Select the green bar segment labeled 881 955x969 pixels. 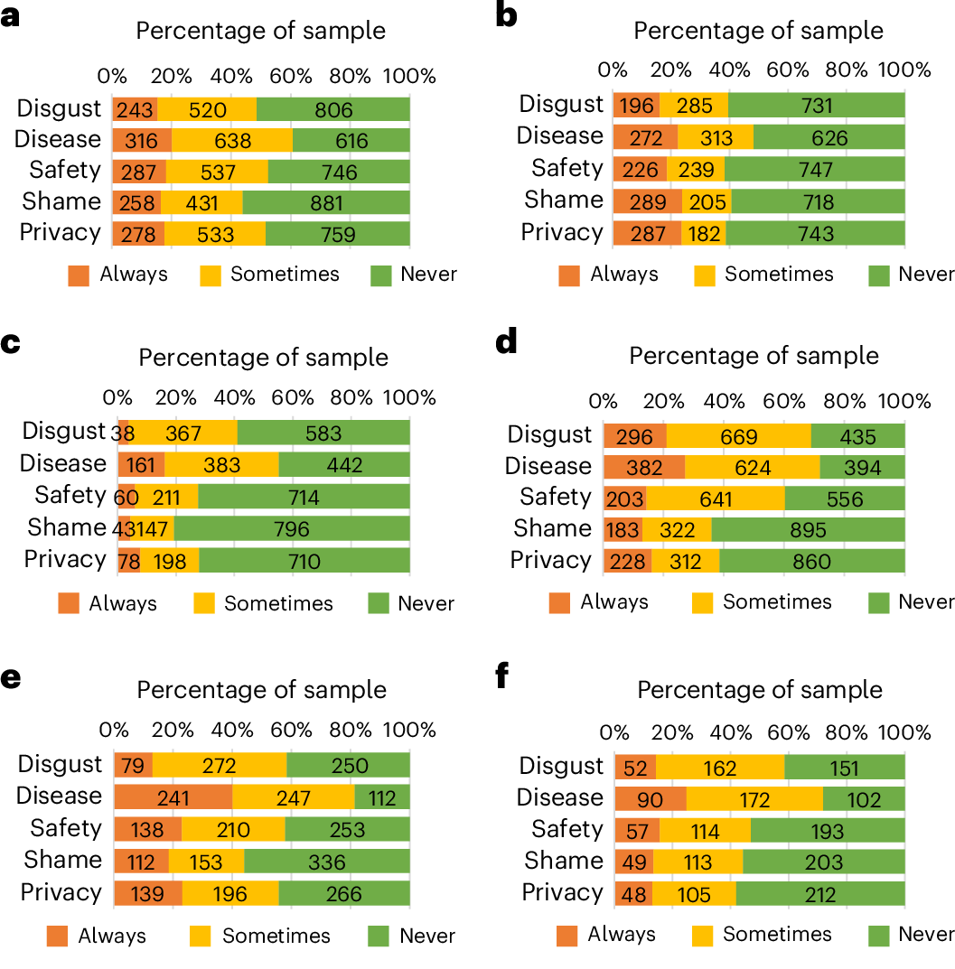tap(326, 201)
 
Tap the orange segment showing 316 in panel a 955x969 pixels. tap(142, 140)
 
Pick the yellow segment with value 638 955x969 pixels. tap(231, 140)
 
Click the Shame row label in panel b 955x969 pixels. tap(563, 200)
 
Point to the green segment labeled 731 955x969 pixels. tap(817, 105)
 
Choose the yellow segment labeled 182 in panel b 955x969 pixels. tap(704, 232)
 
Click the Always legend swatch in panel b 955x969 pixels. tap(569, 275)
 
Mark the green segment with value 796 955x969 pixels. tap(292, 528)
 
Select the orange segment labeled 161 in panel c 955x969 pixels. tap(141, 465)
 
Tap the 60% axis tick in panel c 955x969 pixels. tap(293, 398)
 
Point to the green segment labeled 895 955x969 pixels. tap(808, 529)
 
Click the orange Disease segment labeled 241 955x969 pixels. tap(173, 797)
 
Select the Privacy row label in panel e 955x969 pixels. tap(60, 892)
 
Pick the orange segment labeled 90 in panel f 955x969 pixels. tap(651, 799)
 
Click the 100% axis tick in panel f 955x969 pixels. tap(904, 731)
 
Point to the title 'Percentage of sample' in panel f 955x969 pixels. tap(760, 690)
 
